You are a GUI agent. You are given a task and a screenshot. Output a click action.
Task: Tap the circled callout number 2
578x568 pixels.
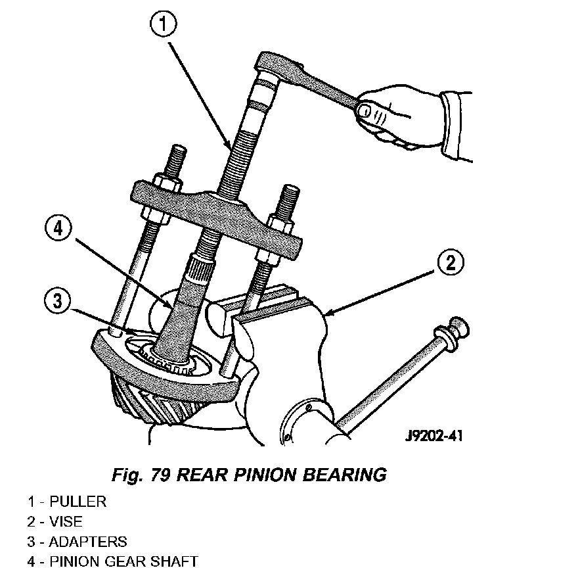(451, 263)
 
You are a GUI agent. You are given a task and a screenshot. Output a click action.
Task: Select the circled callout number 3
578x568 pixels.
(58, 300)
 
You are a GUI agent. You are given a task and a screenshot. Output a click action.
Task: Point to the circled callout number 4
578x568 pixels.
(58, 228)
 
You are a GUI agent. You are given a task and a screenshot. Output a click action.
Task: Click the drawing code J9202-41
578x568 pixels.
(433, 437)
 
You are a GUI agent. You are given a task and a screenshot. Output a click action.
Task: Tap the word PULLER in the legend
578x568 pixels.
(78, 502)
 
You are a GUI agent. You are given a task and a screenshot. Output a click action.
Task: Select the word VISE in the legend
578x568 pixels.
(66, 521)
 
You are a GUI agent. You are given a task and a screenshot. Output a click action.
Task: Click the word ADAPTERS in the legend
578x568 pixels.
(88, 542)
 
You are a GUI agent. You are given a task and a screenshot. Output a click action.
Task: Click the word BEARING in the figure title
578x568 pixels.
(345, 475)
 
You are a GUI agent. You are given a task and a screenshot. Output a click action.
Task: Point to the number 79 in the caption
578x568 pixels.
(160, 475)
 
